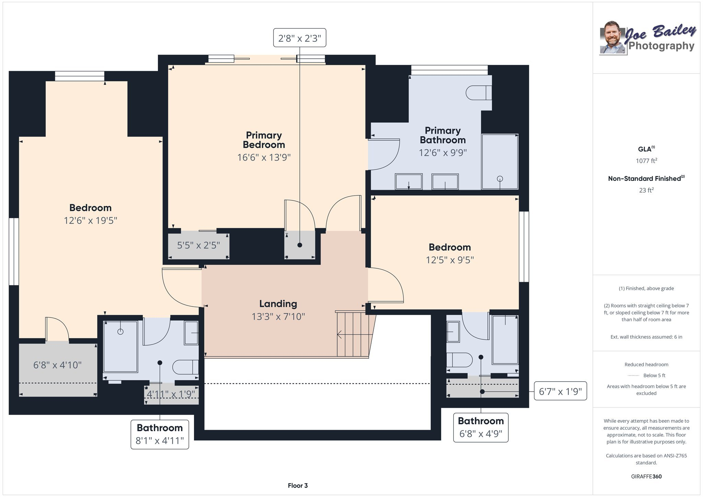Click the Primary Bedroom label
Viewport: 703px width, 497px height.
coord(264,140)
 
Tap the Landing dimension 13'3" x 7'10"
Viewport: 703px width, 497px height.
coord(278,316)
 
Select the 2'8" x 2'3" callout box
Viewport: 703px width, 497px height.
coord(300,38)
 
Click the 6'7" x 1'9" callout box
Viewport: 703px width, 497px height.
coord(560,391)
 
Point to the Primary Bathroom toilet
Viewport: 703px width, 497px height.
coord(479,93)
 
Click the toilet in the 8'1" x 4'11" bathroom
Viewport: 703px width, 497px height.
coord(185,367)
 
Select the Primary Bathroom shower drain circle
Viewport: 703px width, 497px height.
coord(500,178)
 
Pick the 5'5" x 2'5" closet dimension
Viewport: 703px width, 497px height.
coord(198,245)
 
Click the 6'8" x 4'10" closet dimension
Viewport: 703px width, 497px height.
coord(57,365)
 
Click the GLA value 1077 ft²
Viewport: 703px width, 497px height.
coord(646,160)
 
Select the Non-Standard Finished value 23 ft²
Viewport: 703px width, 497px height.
coord(646,190)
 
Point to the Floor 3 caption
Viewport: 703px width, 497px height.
coord(298,485)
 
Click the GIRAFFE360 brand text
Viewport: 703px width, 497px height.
coord(646,476)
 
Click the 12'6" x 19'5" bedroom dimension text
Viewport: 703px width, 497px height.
coord(91,220)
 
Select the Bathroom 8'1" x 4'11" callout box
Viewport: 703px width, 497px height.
coord(160,434)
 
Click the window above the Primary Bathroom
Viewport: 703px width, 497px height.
coord(449,70)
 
